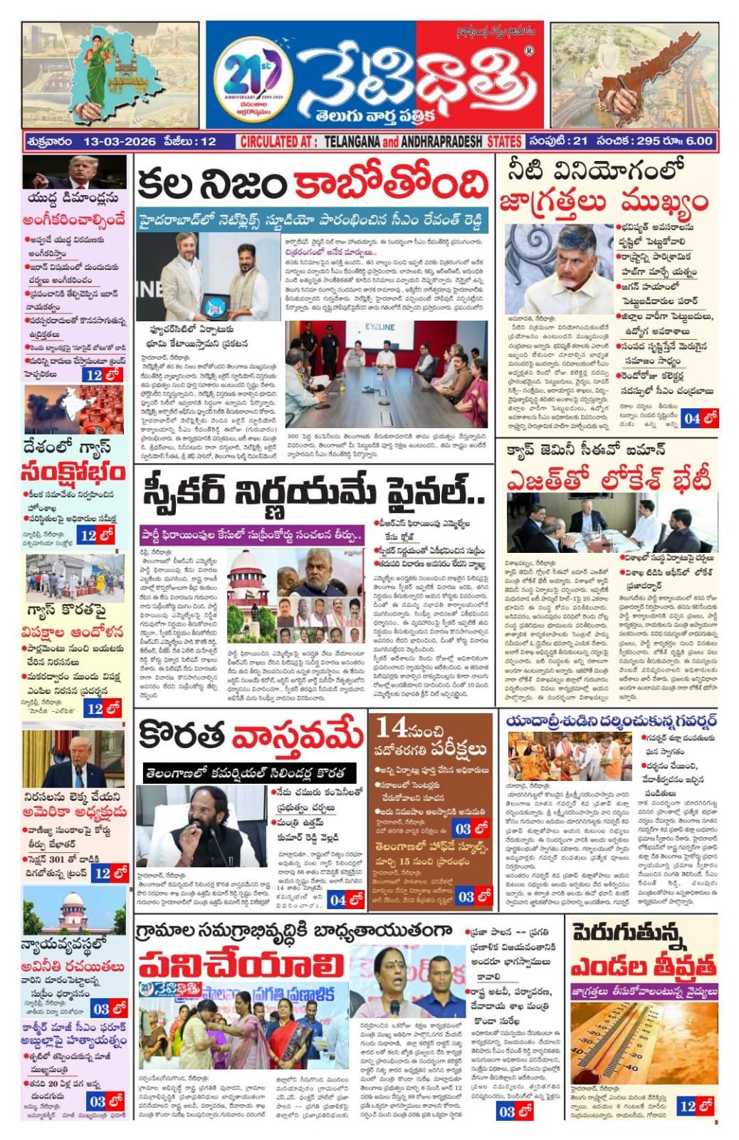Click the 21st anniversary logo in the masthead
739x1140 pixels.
tap(253, 77)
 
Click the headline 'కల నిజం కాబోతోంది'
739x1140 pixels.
tap(313, 185)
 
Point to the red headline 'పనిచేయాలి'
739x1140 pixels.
tap(242, 966)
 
